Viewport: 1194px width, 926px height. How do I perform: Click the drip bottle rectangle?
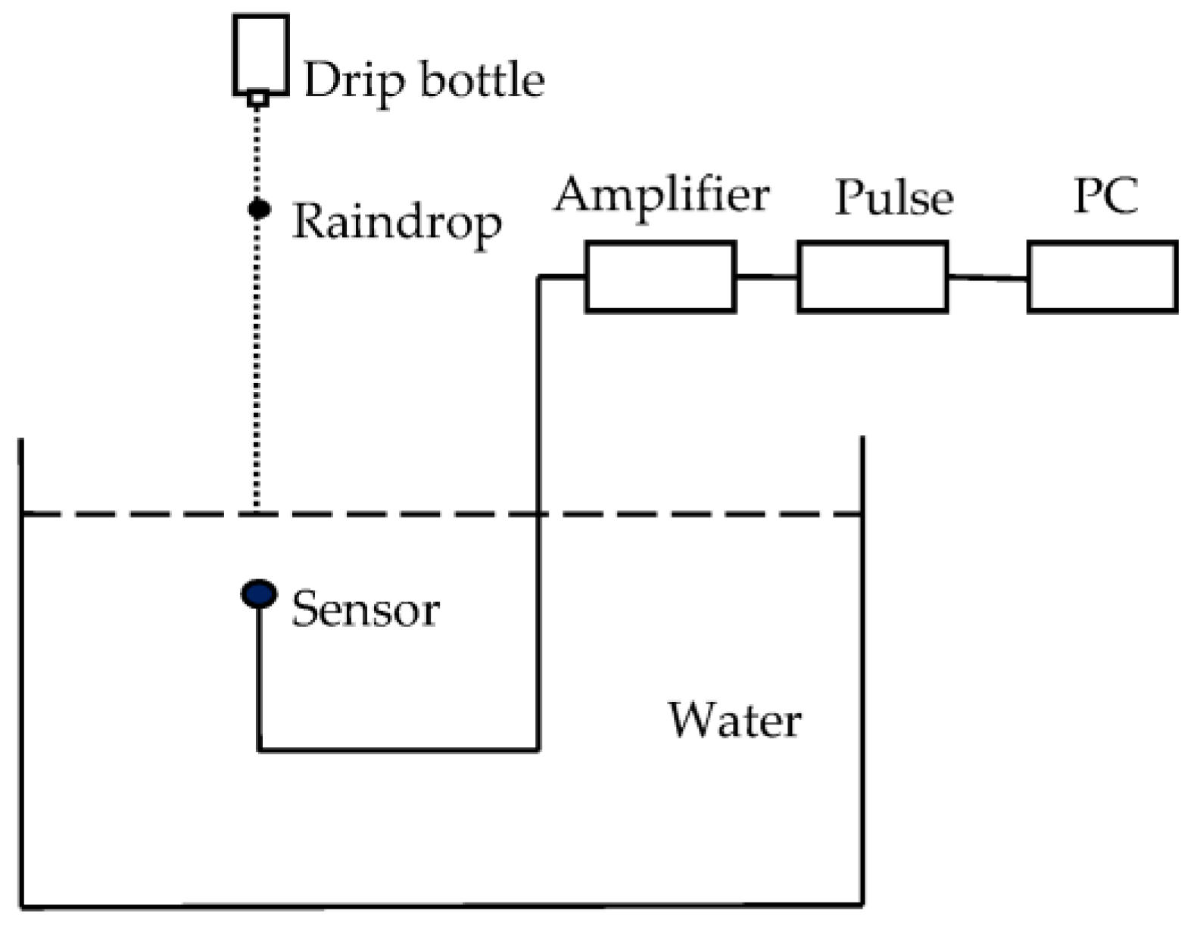click(260, 53)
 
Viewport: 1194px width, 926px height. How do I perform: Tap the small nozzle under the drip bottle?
click(259, 98)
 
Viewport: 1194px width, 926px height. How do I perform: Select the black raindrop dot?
click(259, 208)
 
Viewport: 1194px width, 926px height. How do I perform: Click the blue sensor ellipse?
click(259, 594)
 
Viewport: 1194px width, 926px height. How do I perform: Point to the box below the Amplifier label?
click(660, 276)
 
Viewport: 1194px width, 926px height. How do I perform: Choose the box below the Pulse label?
click(872, 276)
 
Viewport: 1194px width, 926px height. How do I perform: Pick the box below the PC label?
click(1102, 277)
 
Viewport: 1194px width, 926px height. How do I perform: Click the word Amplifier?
click(661, 195)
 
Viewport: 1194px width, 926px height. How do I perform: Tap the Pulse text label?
click(893, 198)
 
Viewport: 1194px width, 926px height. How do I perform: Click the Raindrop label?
click(397, 223)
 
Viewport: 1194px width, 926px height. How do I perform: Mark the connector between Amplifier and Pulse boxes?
click(766, 276)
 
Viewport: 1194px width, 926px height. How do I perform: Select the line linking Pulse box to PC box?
click(987, 278)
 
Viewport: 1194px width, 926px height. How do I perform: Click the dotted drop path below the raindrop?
click(257, 363)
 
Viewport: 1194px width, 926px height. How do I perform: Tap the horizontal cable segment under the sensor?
click(398, 750)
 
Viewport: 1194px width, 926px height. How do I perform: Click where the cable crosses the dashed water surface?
click(538, 515)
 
